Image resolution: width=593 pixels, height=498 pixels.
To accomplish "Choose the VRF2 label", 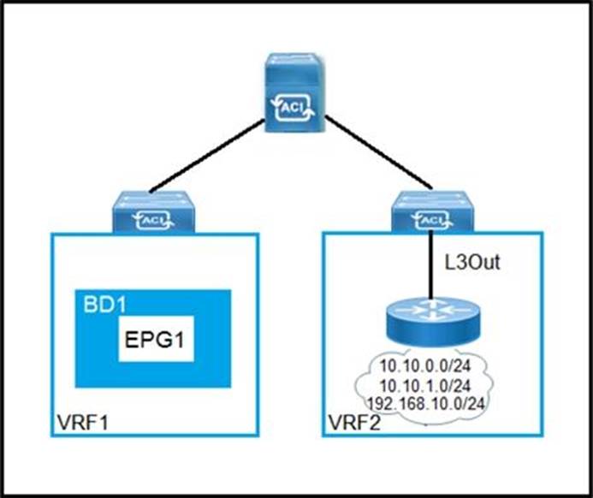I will click(352, 424).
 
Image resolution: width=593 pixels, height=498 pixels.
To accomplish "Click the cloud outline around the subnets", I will click(364, 385).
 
